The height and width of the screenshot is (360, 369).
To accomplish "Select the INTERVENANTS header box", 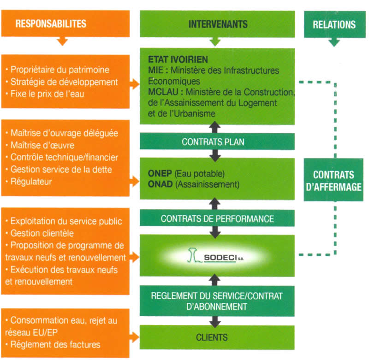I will click(217, 24).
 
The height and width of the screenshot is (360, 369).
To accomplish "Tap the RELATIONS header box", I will click(334, 24).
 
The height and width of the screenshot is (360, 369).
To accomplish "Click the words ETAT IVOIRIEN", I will click(178, 60).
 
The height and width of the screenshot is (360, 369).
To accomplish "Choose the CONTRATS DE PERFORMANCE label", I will click(217, 218).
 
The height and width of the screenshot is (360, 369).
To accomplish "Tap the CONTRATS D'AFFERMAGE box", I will click(333, 181).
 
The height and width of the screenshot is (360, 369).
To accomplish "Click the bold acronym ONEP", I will click(160, 174).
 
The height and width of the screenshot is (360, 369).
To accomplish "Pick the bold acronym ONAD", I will click(160, 184).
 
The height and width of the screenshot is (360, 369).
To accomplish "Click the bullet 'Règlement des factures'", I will click(55, 344).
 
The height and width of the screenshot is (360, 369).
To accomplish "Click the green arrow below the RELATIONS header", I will click(334, 42).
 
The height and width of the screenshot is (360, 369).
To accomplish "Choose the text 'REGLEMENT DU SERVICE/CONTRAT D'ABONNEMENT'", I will click(216, 301).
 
